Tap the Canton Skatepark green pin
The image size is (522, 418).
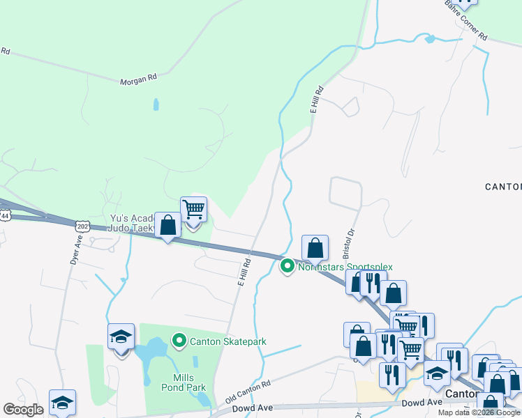[179, 341]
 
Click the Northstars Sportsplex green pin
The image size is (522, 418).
[287, 266]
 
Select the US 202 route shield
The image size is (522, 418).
[83, 226]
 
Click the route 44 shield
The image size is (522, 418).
[6, 216]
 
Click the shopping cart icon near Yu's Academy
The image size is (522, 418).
[193, 209]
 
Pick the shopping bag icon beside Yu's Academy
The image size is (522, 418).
[167, 225]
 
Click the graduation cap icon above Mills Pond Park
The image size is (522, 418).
[121, 337]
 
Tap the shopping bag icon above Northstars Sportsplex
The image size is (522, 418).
[315, 247]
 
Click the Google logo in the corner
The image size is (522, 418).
[23, 410]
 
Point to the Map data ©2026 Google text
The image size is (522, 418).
[479, 412]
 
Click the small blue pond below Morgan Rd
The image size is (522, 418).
[156, 105]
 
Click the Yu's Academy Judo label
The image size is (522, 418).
[133, 222]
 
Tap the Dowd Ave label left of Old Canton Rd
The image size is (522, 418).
[251, 409]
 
